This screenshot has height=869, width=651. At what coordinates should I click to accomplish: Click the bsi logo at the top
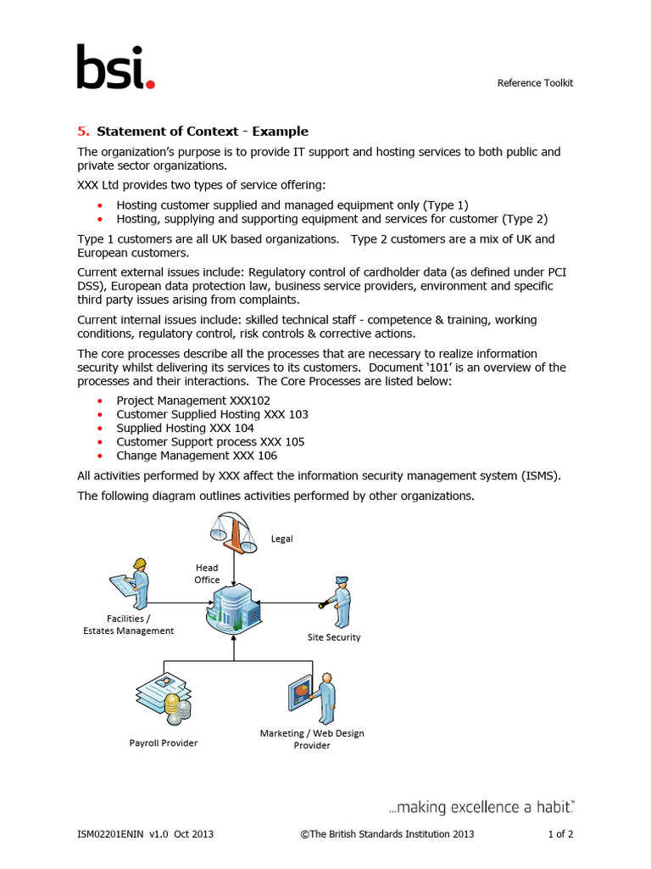tap(116, 68)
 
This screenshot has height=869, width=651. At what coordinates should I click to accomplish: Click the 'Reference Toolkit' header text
tap(535, 82)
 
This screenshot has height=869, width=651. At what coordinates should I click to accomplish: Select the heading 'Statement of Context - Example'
tap(203, 132)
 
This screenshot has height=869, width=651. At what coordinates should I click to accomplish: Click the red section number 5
tap(82, 132)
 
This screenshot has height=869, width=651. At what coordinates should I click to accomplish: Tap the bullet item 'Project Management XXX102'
tap(185, 401)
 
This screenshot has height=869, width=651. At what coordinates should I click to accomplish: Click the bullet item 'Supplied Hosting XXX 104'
tap(185, 428)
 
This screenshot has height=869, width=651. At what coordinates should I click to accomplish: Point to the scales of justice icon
tap(233, 535)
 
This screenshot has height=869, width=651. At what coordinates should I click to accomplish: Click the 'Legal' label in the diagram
tap(281, 539)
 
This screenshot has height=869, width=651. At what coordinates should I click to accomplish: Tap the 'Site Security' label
tap(334, 637)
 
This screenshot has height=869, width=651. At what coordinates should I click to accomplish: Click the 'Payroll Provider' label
tap(164, 743)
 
